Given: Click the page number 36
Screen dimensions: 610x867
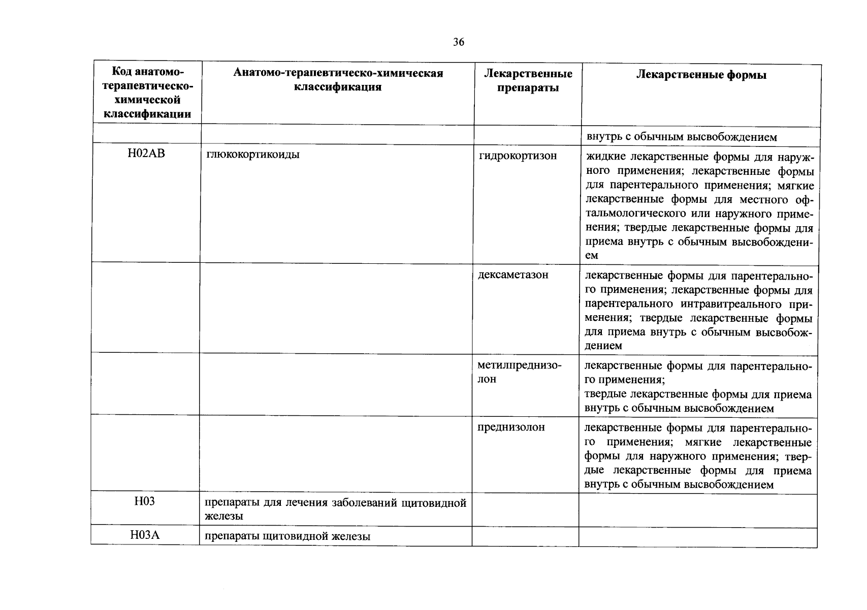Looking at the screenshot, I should [x=458, y=42].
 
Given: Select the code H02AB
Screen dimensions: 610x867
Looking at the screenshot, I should [x=146, y=154].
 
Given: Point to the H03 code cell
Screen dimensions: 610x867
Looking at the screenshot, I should [x=145, y=502].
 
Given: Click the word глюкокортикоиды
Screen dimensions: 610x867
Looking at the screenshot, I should [x=253, y=155].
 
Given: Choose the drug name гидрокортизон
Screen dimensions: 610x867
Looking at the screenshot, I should [x=518, y=156].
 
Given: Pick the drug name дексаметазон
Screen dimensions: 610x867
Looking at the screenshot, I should [x=513, y=275].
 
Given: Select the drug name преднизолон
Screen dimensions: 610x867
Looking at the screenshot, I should [x=511, y=427].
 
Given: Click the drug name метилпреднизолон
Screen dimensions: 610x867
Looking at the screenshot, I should [x=519, y=373].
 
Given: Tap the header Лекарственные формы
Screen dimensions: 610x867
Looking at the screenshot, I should [x=701, y=75].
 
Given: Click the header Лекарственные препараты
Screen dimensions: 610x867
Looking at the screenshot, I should [x=528, y=81].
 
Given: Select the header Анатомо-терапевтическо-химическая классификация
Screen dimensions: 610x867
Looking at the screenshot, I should [x=338, y=80].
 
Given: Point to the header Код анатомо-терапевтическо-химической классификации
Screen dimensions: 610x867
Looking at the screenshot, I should [x=147, y=93].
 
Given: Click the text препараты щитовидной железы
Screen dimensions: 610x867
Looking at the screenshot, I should [x=287, y=536].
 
